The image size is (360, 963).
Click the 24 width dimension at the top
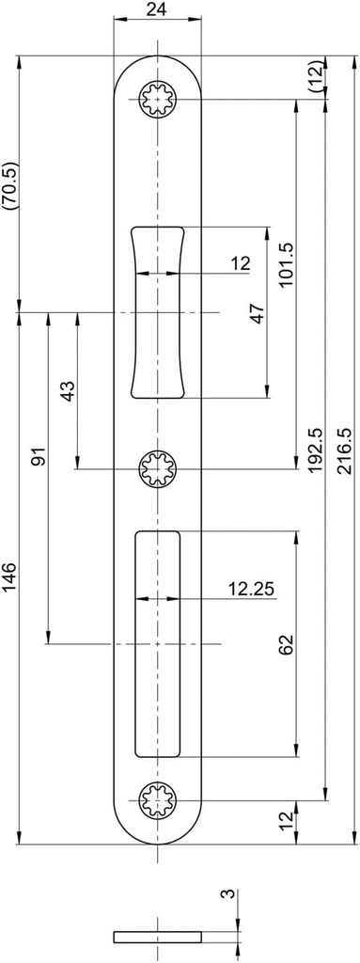tap(157, 9)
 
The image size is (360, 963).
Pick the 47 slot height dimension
tap(258, 314)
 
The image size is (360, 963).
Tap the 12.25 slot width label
tap(252, 589)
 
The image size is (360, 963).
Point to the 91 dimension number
tap(39, 457)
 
